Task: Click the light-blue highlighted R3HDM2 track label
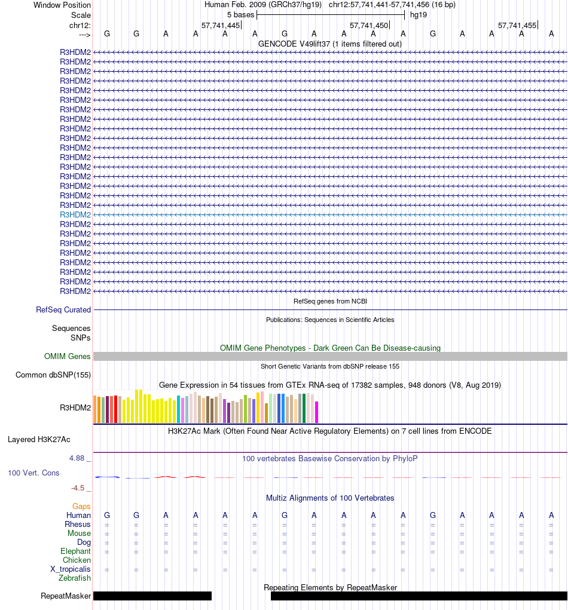pyautogui.click(x=75, y=214)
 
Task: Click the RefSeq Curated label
pyautogui.click(x=63, y=310)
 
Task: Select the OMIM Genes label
pyautogui.click(x=68, y=357)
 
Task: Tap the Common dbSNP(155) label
pyautogui.click(x=53, y=375)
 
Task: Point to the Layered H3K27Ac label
pyautogui.click(x=39, y=440)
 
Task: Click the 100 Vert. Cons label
pyautogui.click(x=33, y=473)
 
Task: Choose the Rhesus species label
pyautogui.click(x=78, y=525)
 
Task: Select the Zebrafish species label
pyautogui.click(x=75, y=578)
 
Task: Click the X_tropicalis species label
pyautogui.click(x=71, y=569)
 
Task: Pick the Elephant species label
pyautogui.click(x=75, y=551)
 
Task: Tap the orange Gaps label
pyautogui.click(x=81, y=507)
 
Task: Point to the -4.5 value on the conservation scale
pyautogui.click(x=79, y=488)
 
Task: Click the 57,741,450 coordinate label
pyautogui.click(x=368, y=26)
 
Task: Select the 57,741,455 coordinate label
pyautogui.click(x=517, y=26)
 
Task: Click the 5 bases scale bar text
pyautogui.click(x=240, y=15)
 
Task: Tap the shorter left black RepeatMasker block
pyautogui.click(x=152, y=596)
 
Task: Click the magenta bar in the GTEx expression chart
pyautogui.click(x=317, y=412)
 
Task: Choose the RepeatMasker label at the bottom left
pyautogui.click(x=66, y=596)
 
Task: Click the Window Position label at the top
pyautogui.click(x=62, y=5)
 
